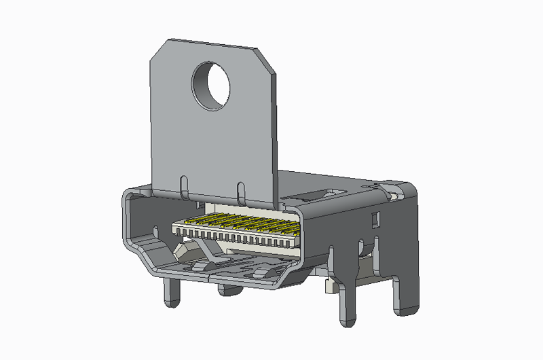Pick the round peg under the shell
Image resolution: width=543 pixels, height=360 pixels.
231,290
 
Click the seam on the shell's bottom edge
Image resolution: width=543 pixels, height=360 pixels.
209,277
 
